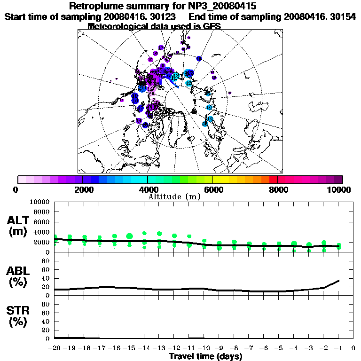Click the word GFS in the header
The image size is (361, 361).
212,26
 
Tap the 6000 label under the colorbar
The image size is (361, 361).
213,189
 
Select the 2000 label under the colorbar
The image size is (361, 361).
83,189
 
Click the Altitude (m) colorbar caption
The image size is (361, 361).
174,196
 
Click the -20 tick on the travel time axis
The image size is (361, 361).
55,348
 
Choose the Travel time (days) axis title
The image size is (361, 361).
205,356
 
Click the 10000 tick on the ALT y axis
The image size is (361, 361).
39,202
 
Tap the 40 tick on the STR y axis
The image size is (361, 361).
46,321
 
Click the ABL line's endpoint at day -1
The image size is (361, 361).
339,281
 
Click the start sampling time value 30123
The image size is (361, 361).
164,16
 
